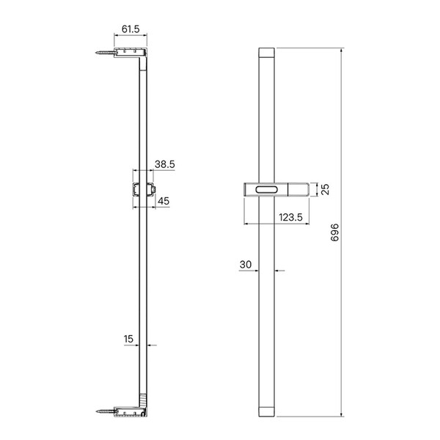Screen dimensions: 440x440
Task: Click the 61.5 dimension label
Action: (x=131, y=29)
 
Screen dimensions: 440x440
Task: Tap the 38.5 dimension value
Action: (x=165, y=164)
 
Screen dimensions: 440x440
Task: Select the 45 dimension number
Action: (x=164, y=201)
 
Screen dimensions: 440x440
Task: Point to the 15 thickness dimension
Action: (x=128, y=339)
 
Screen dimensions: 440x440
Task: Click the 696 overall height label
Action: (x=335, y=232)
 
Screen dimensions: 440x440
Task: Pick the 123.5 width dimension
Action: (x=290, y=217)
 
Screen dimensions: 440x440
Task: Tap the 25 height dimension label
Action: (x=325, y=189)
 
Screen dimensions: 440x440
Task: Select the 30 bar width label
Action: (x=246, y=264)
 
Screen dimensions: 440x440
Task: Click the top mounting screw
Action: (x=106, y=52)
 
